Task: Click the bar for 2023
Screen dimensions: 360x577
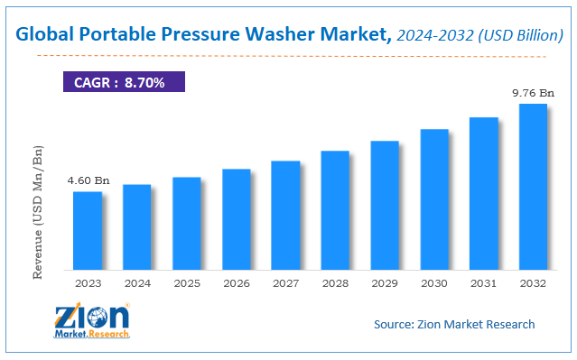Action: pos(88,231)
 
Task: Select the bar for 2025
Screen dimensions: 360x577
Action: pos(186,224)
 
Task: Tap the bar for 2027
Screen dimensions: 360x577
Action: pos(285,216)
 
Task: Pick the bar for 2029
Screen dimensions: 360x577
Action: pos(385,206)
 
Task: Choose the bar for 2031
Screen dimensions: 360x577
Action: pos(483,194)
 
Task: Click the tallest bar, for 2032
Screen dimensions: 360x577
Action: pos(533,187)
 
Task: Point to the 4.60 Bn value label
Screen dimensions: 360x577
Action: pos(88,181)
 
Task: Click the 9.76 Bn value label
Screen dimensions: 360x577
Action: pos(534,93)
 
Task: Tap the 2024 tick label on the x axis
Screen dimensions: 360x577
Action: pos(137,282)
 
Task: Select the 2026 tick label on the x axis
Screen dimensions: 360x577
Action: pos(236,282)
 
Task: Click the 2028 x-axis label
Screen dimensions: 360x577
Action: pos(335,282)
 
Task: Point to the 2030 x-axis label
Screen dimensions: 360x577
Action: pos(434,282)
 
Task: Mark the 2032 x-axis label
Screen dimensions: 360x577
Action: pos(533,282)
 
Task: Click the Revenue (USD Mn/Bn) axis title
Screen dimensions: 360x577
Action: pos(38,207)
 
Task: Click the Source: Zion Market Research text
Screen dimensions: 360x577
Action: pos(454,324)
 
